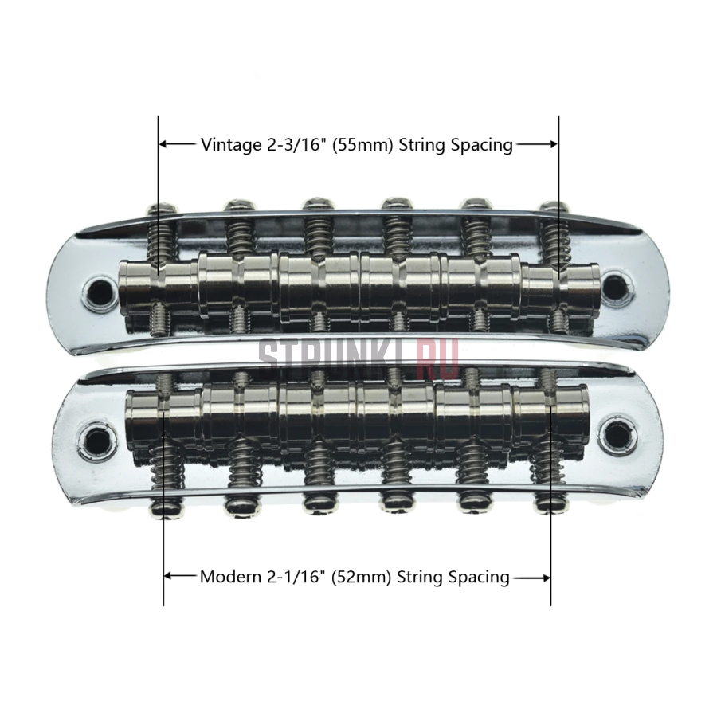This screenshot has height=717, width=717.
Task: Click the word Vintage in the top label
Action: pos(231,145)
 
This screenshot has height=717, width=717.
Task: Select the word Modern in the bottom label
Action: pos(230,577)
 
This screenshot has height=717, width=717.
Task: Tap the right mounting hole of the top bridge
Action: pos(616,286)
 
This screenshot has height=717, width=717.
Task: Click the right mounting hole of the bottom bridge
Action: pos(618,433)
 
